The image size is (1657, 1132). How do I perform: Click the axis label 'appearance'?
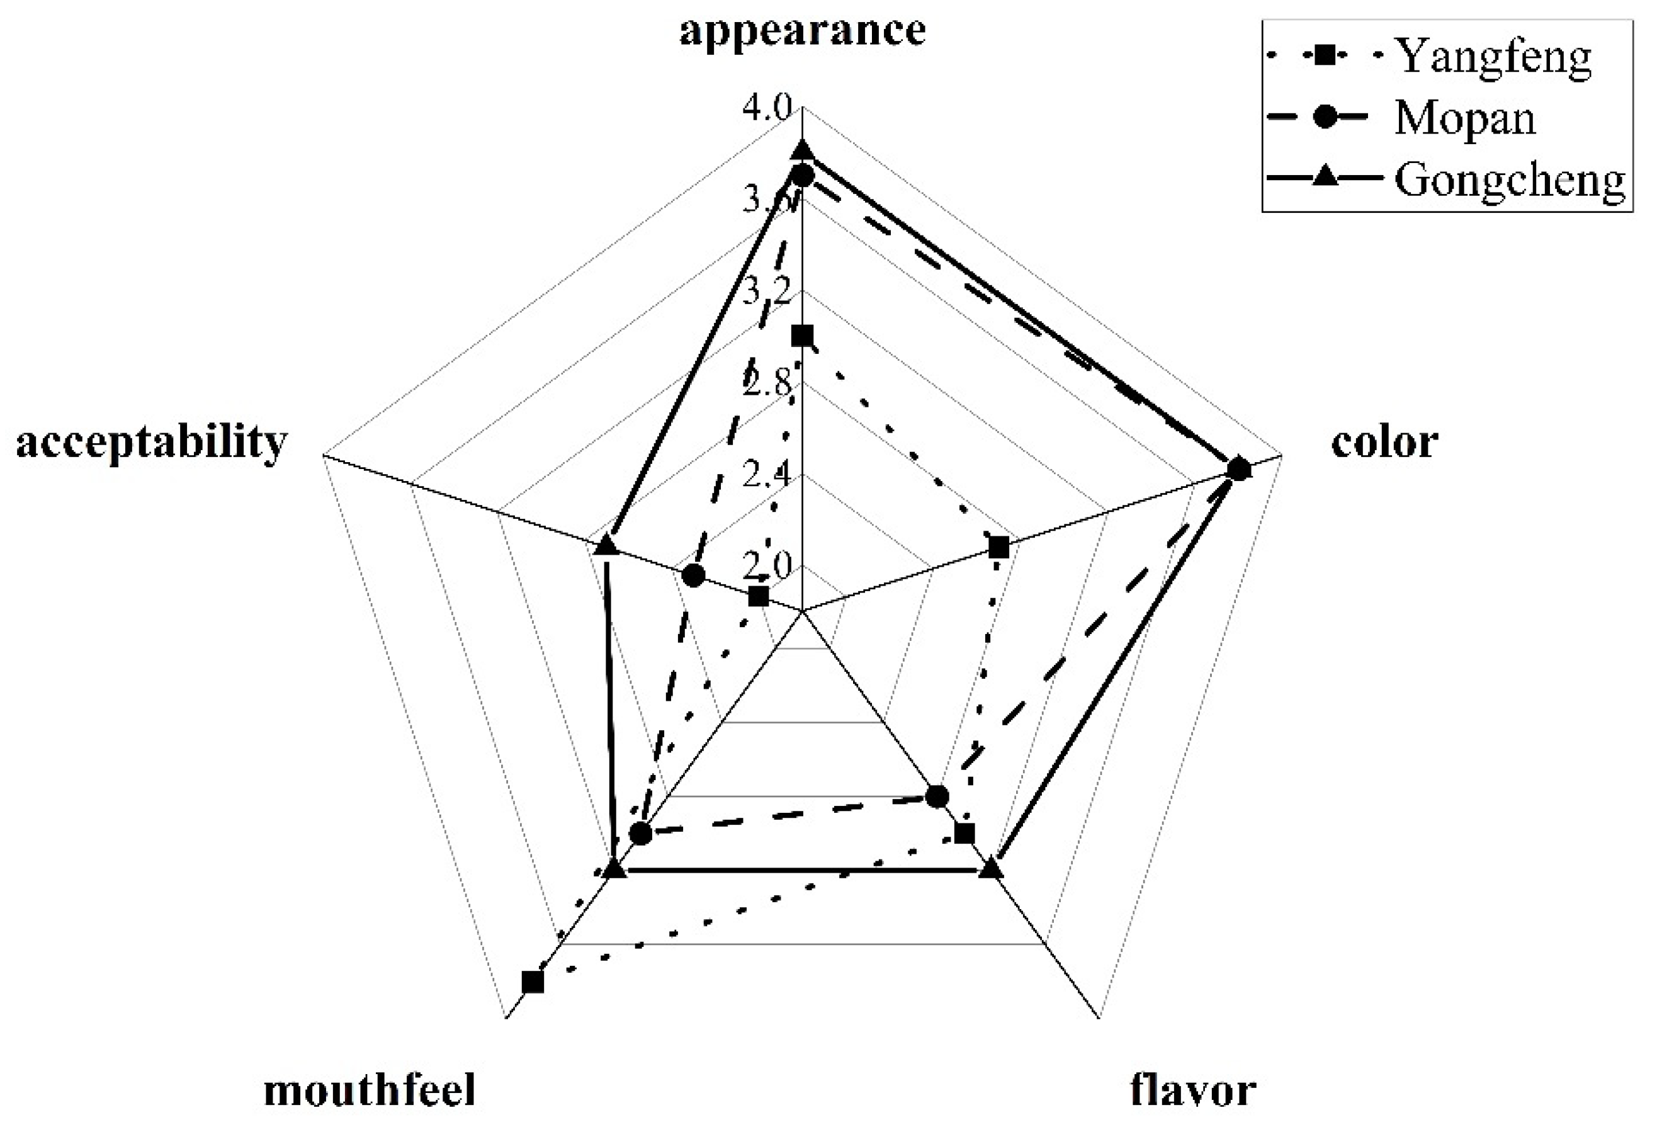(802, 32)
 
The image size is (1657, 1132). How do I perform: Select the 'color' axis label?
(1384, 443)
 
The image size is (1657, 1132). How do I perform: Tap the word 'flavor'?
(1193, 1090)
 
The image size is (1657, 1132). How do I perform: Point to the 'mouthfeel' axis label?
(370, 1090)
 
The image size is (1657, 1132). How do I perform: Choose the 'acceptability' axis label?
(151, 443)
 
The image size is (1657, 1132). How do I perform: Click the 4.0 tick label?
(766, 108)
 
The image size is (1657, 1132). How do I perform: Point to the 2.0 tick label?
(766, 567)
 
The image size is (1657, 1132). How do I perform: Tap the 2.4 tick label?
(766, 475)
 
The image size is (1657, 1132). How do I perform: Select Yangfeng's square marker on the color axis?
(999, 548)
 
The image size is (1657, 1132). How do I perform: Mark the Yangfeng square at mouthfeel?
(533, 982)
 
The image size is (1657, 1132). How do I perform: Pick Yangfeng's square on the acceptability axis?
(759, 597)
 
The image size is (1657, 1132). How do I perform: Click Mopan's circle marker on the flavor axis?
(937, 796)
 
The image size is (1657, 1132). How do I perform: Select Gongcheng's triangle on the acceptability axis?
(606, 546)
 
